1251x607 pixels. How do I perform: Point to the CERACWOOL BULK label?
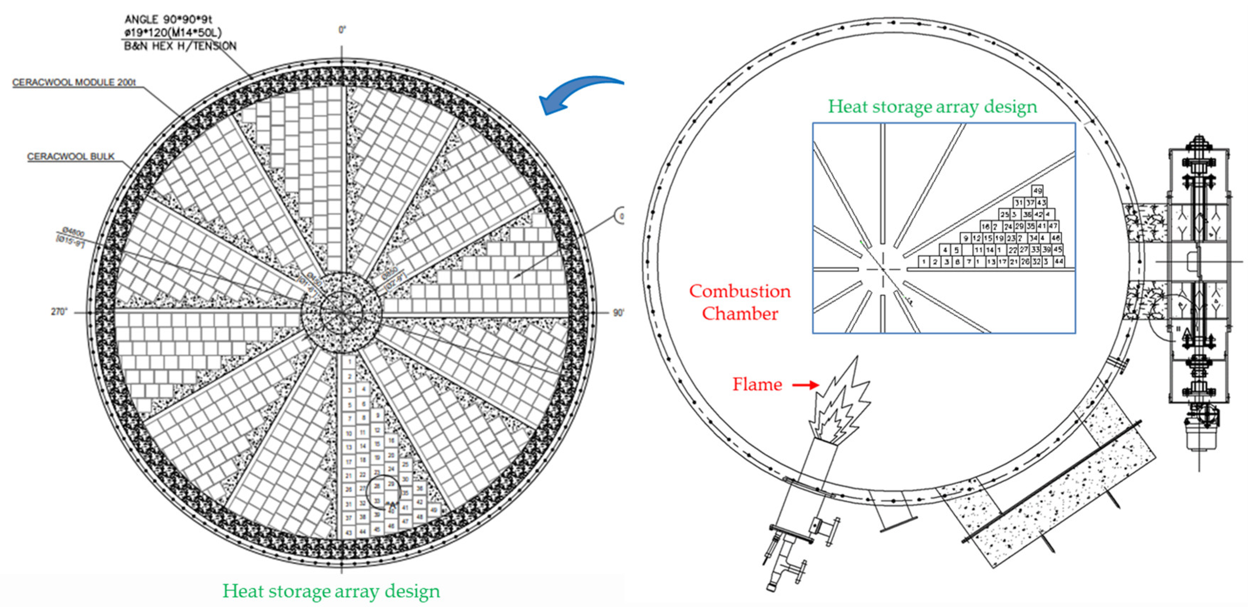pyautogui.click(x=71, y=156)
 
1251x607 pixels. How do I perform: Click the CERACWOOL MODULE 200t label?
pyautogui.click(x=74, y=82)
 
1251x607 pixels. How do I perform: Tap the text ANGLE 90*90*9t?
pyautogui.click(x=168, y=20)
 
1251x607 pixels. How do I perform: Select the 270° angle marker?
pyautogui.click(x=59, y=312)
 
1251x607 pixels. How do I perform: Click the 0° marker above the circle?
pyautogui.click(x=342, y=30)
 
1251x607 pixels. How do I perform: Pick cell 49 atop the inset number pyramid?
pyautogui.click(x=1037, y=190)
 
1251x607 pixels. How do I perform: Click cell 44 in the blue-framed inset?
pyautogui.click(x=1059, y=262)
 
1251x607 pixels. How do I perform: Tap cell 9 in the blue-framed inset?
pyautogui.click(x=966, y=238)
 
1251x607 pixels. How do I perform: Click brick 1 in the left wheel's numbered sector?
pyautogui.click(x=349, y=362)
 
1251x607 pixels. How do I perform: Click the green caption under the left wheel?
pyautogui.click(x=331, y=591)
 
